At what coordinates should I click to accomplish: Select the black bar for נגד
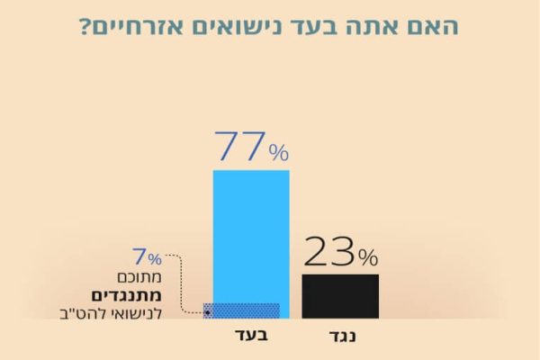click(x=339, y=296)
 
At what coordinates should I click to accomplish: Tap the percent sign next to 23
click(x=367, y=258)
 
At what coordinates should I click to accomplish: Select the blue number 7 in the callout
click(x=139, y=257)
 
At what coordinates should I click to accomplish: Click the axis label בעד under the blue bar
click(x=249, y=337)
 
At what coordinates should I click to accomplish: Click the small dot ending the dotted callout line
click(x=207, y=313)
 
